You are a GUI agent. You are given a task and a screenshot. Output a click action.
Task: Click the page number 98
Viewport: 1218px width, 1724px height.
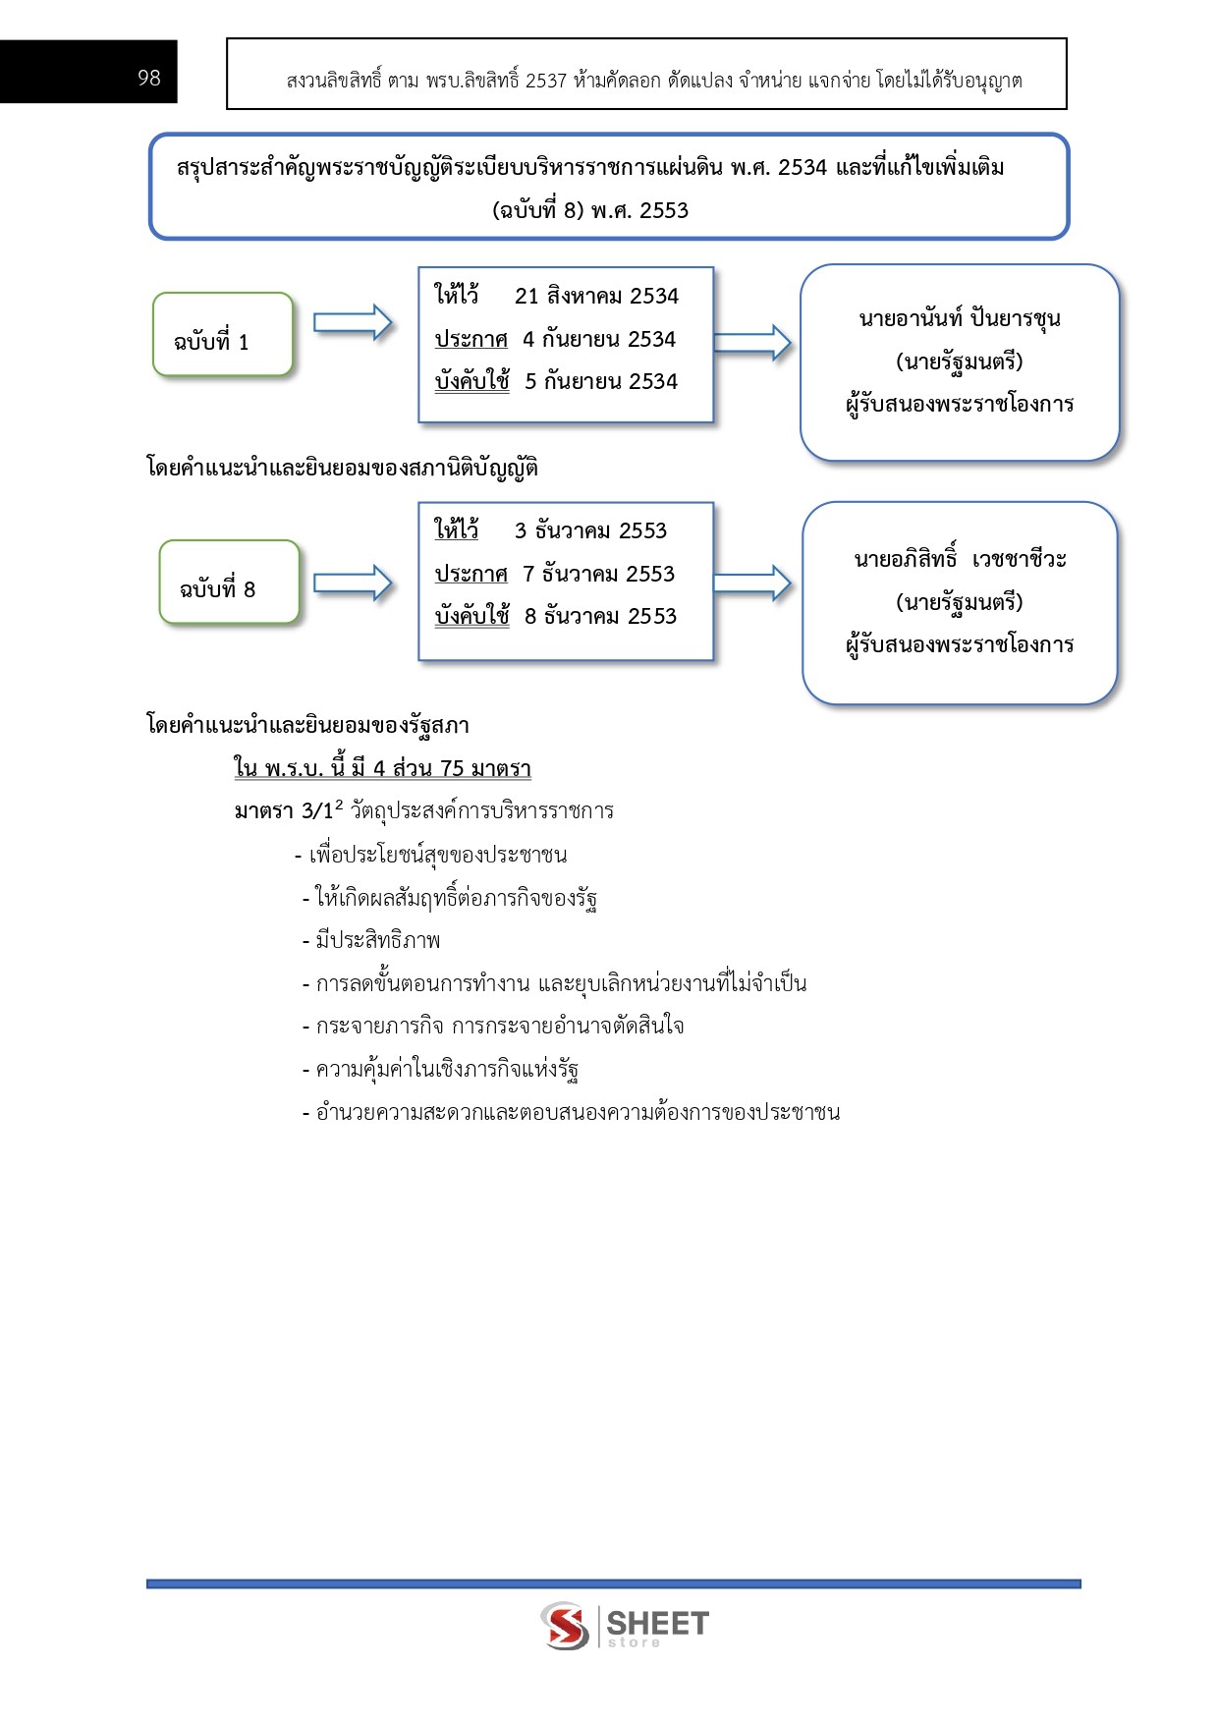(149, 78)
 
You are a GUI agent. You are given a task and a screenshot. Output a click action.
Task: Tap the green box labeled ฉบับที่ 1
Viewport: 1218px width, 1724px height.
(222, 335)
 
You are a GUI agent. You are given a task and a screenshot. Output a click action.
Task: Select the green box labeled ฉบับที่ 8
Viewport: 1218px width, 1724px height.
(228, 583)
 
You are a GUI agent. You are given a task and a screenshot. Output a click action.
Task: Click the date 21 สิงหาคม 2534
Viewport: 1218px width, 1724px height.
(596, 297)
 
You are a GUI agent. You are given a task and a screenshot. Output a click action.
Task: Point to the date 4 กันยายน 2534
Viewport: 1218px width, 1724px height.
(599, 340)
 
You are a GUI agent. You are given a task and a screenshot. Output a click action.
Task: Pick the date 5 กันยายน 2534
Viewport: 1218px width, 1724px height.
(601, 382)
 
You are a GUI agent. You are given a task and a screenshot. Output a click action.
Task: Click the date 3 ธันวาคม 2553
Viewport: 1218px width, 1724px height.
(590, 531)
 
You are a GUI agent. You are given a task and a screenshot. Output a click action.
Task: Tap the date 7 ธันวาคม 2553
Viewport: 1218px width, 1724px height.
(598, 574)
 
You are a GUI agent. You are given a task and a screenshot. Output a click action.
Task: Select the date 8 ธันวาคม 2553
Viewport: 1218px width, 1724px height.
(600, 617)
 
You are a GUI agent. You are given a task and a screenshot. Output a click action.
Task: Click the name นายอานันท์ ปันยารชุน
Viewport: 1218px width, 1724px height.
(959, 318)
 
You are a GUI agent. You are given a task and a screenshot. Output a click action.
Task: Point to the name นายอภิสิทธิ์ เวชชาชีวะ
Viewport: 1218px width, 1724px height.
(960, 559)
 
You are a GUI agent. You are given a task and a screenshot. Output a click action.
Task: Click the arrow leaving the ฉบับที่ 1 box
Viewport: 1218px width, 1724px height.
(353, 322)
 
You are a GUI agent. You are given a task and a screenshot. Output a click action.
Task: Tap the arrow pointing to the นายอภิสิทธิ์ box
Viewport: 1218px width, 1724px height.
(752, 583)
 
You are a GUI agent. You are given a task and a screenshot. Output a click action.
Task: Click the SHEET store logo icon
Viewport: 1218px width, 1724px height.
(566, 1625)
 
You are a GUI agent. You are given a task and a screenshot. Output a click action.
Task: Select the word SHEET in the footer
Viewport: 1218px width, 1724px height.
(657, 1622)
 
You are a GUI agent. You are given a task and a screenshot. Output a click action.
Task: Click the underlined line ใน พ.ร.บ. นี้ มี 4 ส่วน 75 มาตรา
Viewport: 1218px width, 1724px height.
(382, 768)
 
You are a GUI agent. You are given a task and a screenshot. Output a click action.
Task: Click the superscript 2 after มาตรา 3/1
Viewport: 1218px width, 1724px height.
(339, 805)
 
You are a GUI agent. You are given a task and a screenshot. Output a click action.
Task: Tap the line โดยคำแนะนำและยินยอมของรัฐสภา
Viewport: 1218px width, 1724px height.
(307, 726)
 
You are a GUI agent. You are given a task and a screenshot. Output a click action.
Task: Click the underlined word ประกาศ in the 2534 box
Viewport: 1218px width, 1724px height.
(471, 340)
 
